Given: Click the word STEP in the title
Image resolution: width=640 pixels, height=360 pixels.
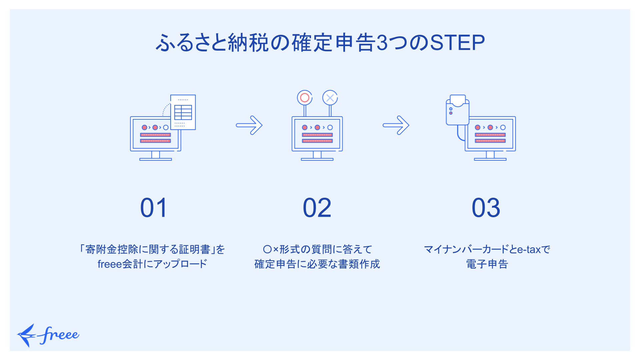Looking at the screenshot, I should (457, 43).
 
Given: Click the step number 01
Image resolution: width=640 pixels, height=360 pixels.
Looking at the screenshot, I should (154, 208).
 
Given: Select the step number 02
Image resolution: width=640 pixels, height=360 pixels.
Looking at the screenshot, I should (317, 208).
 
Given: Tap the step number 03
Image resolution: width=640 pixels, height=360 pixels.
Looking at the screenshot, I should (486, 208).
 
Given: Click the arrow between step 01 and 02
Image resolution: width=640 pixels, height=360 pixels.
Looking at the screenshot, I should (249, 125).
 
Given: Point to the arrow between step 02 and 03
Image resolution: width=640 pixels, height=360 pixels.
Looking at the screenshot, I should (396, 125).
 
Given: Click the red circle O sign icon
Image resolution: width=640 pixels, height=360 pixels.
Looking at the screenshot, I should (305, 98).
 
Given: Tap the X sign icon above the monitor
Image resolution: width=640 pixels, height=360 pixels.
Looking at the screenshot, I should (330, 98).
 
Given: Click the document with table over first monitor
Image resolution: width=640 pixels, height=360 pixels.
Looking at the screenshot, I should (183, 112).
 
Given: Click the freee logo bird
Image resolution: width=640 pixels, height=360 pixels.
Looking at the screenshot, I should (27, 335).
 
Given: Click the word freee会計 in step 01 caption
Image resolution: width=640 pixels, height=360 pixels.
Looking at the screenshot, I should (120, 264).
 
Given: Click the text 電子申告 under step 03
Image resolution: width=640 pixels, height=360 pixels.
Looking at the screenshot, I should (487, 264).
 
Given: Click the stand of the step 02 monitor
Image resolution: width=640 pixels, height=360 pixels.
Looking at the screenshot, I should (317, 156).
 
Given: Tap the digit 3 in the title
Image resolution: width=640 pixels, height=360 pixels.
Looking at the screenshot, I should (382, 43).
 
